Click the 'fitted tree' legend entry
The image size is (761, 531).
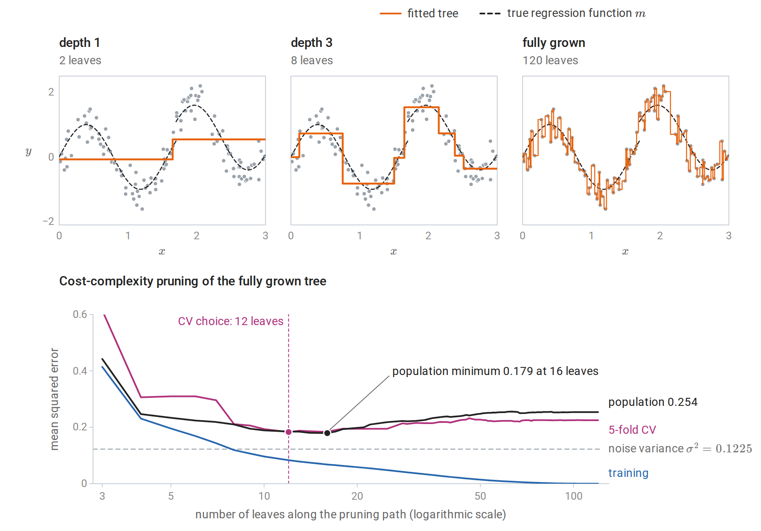point(419,14)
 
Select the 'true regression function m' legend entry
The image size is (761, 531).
point(562,14)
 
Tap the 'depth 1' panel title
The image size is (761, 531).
point(79,43)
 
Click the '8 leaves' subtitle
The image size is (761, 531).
point(312,60)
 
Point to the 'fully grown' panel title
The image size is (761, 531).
point(554,43)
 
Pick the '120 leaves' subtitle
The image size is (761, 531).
point(550,60)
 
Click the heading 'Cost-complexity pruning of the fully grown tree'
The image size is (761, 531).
point(193,281)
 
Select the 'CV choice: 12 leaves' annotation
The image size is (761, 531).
point(230,321)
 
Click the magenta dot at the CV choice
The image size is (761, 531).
point(289,432)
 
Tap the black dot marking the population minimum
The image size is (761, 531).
point(327,433)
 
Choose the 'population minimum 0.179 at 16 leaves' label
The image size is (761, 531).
point(495,371)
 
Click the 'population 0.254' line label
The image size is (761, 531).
point(653,402)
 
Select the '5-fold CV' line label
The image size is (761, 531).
point(632,430)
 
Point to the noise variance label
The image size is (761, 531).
point(680,448)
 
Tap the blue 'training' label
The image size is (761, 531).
point(628,473)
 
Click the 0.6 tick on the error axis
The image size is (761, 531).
point(80,314)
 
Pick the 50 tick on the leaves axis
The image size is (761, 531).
point(480,496)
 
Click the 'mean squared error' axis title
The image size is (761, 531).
point(54,399)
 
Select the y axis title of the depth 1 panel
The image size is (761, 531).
point(28,151)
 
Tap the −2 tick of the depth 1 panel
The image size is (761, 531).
point(49,221)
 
